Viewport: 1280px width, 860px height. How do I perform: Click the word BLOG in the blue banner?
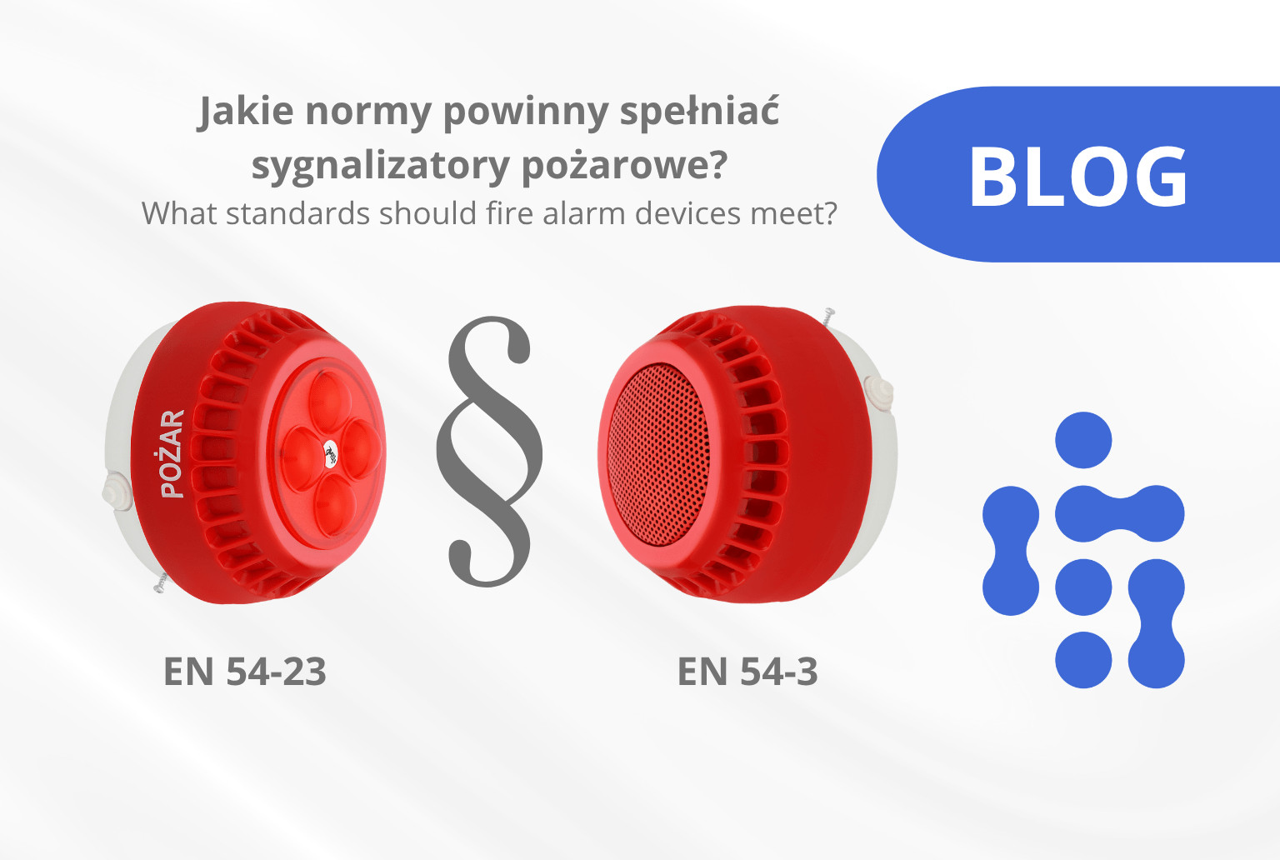[1078, 176]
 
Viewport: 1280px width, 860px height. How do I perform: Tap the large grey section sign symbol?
[490, 452]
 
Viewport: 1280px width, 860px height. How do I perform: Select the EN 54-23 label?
[244, 671]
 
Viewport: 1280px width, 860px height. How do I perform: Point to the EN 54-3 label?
[747, 671]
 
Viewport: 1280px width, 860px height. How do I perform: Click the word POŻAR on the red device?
[172, 453]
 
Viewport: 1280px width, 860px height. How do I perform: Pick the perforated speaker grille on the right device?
[658, 454]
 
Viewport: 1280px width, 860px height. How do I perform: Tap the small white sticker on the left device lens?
[331, 453]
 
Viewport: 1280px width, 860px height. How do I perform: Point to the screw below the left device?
[161, 582]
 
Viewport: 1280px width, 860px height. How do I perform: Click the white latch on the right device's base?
[879, 394]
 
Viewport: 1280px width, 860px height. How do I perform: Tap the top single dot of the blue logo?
[1083, 440]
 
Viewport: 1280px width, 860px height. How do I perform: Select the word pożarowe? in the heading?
[624, 167]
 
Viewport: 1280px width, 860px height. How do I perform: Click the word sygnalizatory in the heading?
[381, 167]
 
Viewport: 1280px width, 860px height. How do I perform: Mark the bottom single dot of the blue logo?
[1083, 659]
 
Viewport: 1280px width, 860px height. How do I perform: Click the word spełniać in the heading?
[699, 112]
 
